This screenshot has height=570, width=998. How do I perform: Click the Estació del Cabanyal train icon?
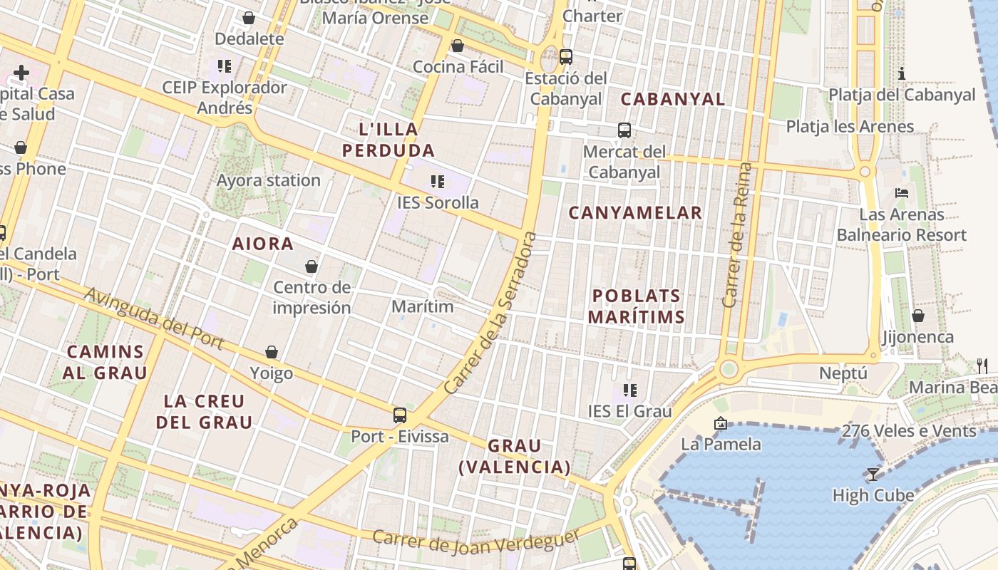[566, 56]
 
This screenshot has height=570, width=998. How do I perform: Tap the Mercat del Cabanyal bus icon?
[624, 130]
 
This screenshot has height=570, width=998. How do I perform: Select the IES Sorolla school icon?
[438, 182]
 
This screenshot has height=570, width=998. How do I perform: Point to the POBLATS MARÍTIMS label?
[637, 306]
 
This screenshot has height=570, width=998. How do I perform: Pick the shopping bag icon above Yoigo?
[272, 352]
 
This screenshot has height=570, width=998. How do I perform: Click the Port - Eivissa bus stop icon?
[400, 415]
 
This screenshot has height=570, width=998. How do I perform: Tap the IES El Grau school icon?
[629, 390]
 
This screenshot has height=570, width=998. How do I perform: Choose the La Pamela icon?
[721, 424]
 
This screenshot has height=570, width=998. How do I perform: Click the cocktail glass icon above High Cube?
[873, 474]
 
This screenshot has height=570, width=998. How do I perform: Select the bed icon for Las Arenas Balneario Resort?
[902, 193]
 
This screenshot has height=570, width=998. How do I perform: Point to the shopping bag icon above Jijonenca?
[918, 316]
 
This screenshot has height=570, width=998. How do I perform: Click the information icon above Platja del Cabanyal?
[902, 73]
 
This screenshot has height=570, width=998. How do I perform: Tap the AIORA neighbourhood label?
[263, 244]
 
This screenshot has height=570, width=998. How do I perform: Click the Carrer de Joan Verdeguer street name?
[476, 543]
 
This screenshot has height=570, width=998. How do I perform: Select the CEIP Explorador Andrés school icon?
[225, 66]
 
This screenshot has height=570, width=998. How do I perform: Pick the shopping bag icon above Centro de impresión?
[312, 266]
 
